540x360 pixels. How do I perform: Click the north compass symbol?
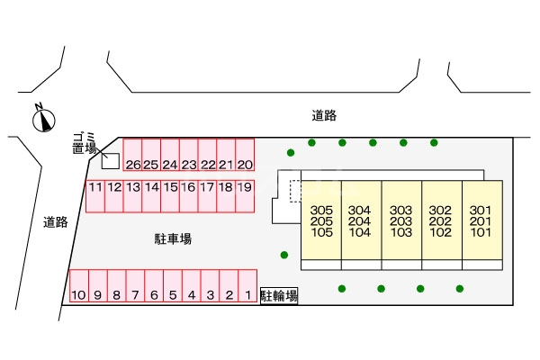point(42,118)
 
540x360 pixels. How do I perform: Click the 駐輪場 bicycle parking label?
point(279,295)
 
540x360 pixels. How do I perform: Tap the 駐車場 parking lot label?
point(173,239)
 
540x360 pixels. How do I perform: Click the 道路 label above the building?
point(324,115)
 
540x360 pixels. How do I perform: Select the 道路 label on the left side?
point(56,222)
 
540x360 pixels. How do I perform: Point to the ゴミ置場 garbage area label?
point(85,143)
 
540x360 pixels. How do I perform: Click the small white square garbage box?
point(110,161)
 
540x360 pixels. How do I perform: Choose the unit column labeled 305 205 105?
point(321,221)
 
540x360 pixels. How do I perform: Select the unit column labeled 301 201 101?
point(481,221)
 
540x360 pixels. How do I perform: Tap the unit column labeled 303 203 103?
point(401,221)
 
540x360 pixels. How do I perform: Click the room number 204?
point(360,221)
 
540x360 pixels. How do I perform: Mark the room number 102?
point(441,232)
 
